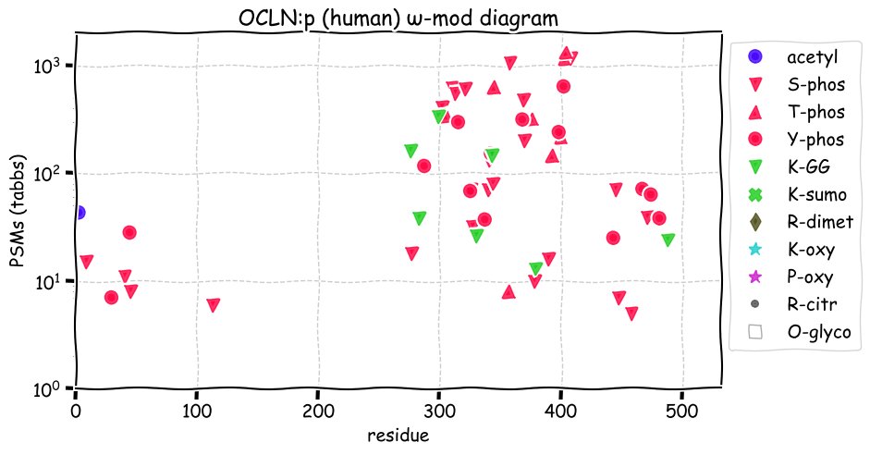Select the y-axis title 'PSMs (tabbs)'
(19, 210)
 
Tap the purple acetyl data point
(78, 213)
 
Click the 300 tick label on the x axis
(439, 411)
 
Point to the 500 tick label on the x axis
(681, 411)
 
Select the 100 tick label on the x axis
(196, 411)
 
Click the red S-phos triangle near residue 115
(214, 305)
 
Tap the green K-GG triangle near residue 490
(668, 240)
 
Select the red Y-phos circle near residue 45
(129, 233)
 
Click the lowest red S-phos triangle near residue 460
(631, 314)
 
